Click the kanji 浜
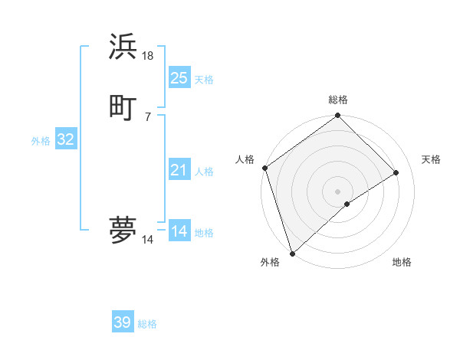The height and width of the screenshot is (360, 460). pyautogui.click(x=123, y=47)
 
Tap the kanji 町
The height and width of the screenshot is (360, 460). pyautogui.click(x=123, y=106)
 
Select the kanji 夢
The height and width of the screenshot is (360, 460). pyautogui.click(x=123, y=229)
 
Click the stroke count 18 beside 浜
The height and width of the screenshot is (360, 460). pyautogui.click(x=148, y=56)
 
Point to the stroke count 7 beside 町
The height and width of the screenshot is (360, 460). pyautogui.click(x=147, y=116)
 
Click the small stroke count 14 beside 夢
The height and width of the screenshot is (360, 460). pyautogui.click(x=148, y=240)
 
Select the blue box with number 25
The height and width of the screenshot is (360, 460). pyautogui.click(x=179, y=77)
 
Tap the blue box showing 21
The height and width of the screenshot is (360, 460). pyautogui.click(x=179, y=170)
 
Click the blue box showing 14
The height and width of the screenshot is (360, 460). pyautogui.click(x=179, y=231)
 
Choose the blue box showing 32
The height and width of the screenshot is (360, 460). pyautogui.click(x=65, y=139)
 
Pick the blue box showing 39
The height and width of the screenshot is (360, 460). pyautogui.click(x=123, y=322)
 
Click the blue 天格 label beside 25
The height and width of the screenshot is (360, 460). pyautogui.click(x=204, y=79)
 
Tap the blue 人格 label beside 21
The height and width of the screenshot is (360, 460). pyautogui.click(x=204, y=172)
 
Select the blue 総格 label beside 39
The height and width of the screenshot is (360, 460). pyautogui.click(x=147, y=324)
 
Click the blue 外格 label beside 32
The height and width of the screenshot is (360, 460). pyautogui.click(x=41, y=141)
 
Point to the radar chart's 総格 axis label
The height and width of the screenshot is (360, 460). pyautogui.click(x=338, y=100)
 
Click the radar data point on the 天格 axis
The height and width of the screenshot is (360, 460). pyautogui.click(x=396, y=173)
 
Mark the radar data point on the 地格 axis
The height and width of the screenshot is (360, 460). pyautogui.click(x=347, y=204)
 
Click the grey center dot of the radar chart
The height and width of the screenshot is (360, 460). pyautogui.click(x=338, y=191)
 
